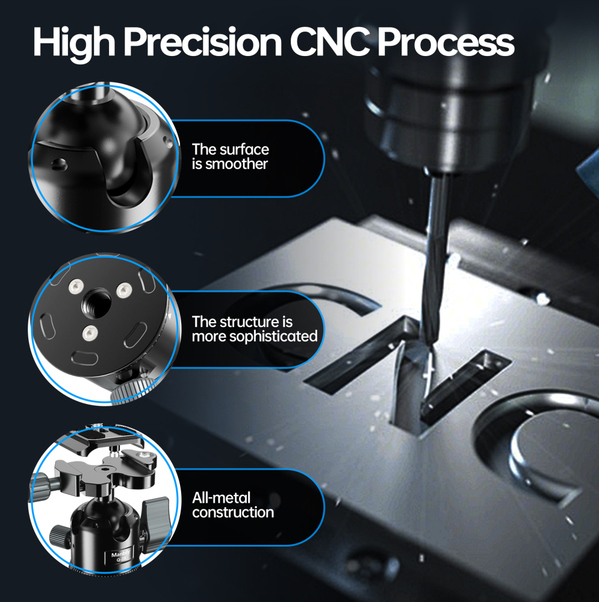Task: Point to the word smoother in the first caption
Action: [237, 164]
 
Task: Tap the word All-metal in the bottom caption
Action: [221, 498]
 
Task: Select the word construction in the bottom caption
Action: [233, 513]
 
